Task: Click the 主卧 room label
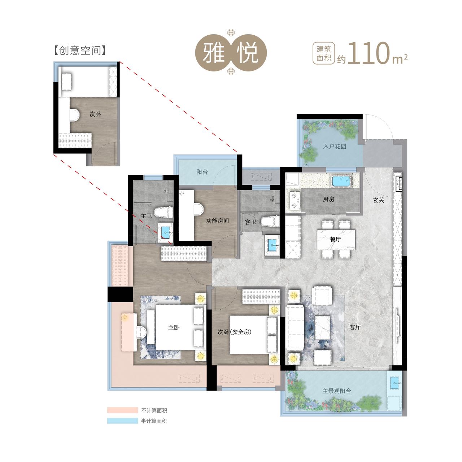click(x=174, y=327)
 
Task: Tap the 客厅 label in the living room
click(x=355, y=327)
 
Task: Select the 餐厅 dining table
click(x=336, y=240)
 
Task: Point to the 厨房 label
click(x=328, y=199)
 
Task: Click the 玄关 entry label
click(x=379, y=200)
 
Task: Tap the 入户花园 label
click(x=335, y=147)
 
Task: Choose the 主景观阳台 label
click(x=337, y=391)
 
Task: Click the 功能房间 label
click(x=217, y=221)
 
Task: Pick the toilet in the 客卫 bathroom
click(x=270, y=221)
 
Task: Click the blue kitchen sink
click(x=341, y=181)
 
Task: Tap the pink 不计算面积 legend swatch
click(x=122, y=410)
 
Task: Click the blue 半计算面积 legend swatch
click(x=122, y=421)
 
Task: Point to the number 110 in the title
click(x=368, y=53)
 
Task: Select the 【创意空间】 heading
click(x=80, y=51)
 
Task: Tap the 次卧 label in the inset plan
click(x=95, y=114)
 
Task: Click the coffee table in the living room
click(x=322, y=327)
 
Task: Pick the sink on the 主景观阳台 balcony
click(x=395, y=383)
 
